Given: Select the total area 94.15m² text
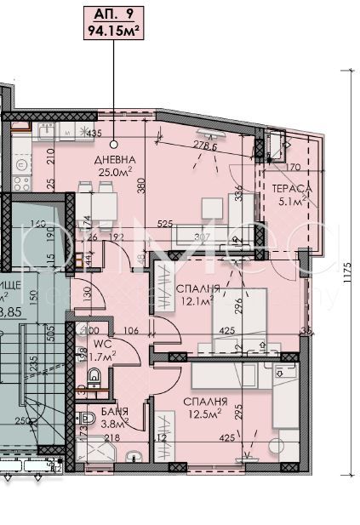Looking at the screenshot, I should point(113,32).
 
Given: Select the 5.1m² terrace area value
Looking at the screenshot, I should point(290,203).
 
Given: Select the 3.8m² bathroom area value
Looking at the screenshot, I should point(114,425).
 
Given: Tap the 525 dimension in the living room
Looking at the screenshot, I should point(190,225).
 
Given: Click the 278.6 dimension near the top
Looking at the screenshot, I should point(205,146).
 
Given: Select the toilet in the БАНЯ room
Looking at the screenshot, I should point(87,420).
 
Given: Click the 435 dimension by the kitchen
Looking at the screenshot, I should point(94,134).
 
